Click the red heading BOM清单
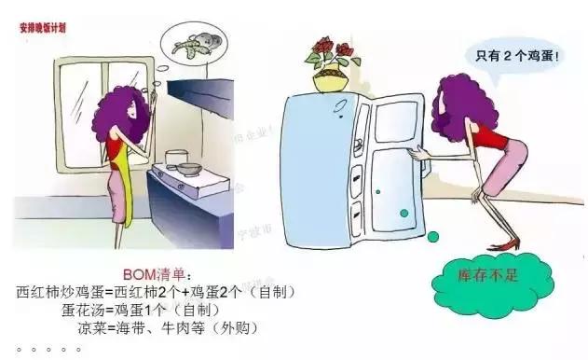[155, 273]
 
